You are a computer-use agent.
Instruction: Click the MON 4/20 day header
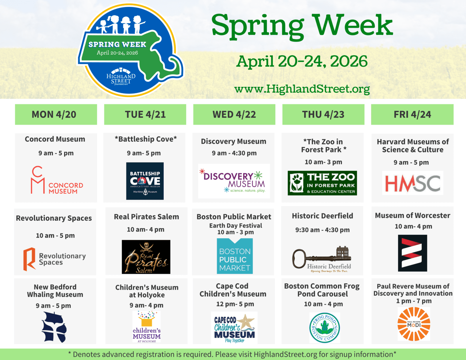click(x=56, y=114)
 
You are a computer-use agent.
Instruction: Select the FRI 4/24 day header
click(x=412, y=114)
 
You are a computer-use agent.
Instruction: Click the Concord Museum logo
click(x=57, y=180)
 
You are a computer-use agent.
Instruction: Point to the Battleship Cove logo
click(x=145, y=181)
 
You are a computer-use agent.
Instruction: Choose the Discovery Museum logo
click(x=234, y=181)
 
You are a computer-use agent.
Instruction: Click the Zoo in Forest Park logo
click(x=322, y=183)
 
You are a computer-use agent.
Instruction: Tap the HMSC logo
click(x=413, y=183)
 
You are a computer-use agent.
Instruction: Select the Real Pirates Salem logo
click(x=146, y=257)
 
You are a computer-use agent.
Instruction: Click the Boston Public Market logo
click(x=235, y=256)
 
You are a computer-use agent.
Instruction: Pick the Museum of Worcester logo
click(x=412, y=253)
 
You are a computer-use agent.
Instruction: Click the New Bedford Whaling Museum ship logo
click(x=54, y=327)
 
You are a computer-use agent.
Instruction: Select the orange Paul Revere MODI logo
click(x=414, y=324)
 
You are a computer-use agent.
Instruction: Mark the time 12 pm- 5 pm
click(x=235, y=304)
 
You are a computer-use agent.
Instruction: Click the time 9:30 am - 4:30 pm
click(x=322, y=230)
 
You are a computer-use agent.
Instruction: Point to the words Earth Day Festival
click(x=235, y=225)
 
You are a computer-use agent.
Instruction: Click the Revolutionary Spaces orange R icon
click(x=29, y=259)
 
